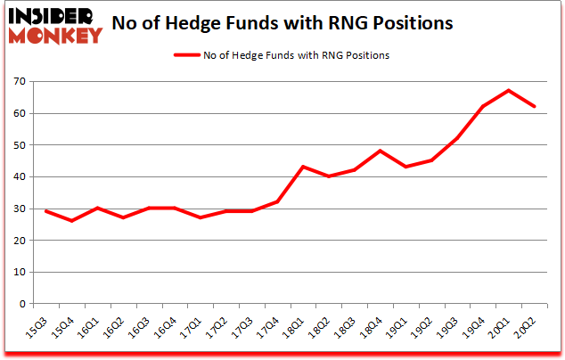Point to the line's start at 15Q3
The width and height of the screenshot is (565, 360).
[x=45, y=211]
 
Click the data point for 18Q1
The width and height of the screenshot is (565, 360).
[x=304, y=167]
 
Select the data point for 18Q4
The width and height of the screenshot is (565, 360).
[x=381, y=151]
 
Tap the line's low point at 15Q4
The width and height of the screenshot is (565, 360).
[x=71, y=221]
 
